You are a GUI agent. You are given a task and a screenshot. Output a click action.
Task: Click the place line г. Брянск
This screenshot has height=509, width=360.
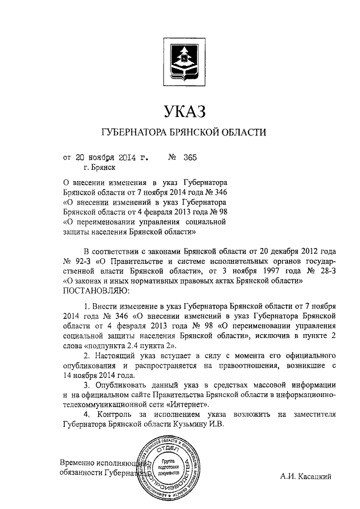point(99,168)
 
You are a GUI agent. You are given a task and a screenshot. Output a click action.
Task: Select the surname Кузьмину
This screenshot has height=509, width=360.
point(190,425)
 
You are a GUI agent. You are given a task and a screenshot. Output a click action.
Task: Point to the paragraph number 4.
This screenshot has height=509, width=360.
point(85,415)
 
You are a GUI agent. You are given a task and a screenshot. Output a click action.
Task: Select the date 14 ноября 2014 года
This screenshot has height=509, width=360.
point(98,375)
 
